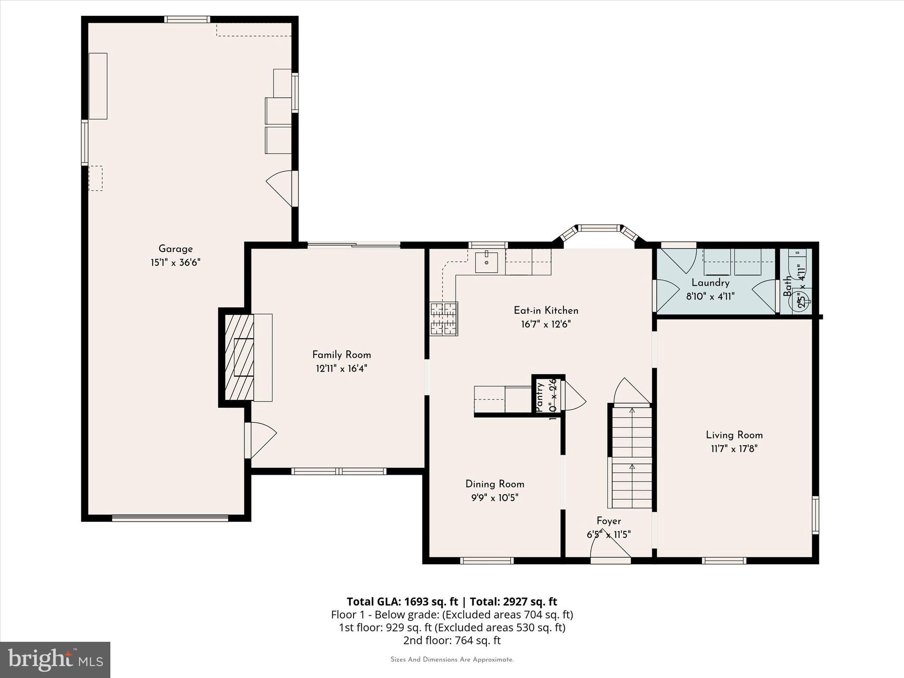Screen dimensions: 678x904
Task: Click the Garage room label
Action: click(x=175, y=249)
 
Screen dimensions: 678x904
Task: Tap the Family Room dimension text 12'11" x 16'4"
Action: click(x=341, y=369)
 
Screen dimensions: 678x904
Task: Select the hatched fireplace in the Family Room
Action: click(x=239, y=357)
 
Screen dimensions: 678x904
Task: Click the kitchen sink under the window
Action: click(x=486, y=263)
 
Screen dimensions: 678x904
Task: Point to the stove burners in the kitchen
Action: click(x=444, y=318)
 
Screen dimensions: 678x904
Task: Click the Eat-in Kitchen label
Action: click(x=546, y=310)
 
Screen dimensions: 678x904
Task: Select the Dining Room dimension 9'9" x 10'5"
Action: click(x=494, y=498)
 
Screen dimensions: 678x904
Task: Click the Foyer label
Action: click(x=609, y=521)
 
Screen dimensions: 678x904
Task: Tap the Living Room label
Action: click(x=734, y=435)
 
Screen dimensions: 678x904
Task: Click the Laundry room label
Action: click(x=710, y=283)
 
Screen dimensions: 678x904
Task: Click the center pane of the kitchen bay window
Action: click(x=599, y=228)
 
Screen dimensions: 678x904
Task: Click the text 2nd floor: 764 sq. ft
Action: click(x=452, y=640)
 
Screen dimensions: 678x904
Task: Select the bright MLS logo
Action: click(x=55, y=659)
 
